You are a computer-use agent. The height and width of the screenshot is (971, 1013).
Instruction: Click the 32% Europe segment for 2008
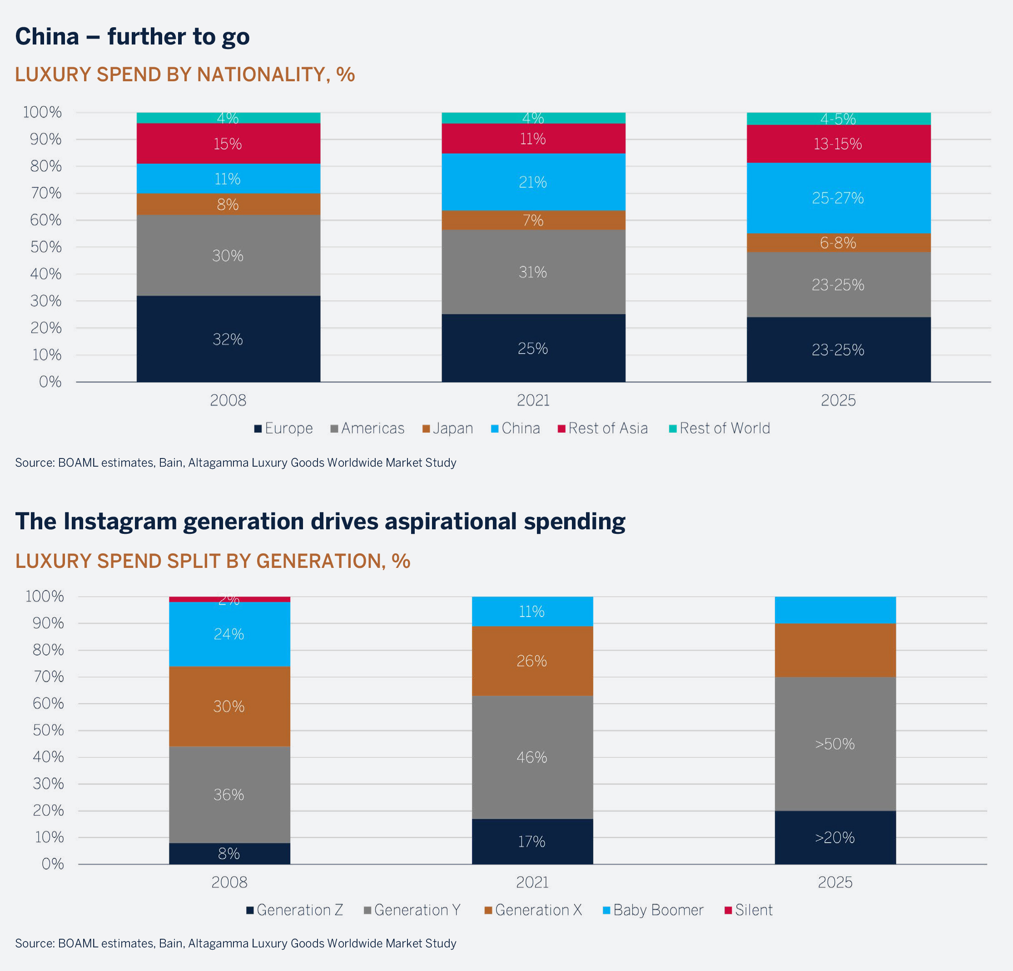[228, 339]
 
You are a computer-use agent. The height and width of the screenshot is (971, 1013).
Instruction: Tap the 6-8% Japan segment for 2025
[838, 243]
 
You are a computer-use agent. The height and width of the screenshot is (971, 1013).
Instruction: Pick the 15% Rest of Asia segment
[228, 143]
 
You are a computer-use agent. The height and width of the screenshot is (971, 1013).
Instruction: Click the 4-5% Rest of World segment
[838, 119]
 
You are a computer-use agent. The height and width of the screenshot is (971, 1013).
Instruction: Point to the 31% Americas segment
[533, 272]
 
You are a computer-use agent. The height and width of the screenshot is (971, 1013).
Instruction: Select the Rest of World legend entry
[720, 428]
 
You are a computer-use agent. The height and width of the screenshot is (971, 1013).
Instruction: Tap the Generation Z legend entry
[295, 910]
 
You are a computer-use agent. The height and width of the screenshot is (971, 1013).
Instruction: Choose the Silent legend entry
[749, 910]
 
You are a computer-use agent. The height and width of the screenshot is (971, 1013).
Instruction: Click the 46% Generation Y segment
[532, 757]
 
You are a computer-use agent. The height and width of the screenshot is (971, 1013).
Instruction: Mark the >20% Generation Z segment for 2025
[834, 837]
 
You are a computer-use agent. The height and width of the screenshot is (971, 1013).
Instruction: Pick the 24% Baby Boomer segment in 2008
[229, 634]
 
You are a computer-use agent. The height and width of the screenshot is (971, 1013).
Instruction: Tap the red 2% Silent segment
[229, 599]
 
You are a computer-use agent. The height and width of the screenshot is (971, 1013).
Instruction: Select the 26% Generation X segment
[532, 660]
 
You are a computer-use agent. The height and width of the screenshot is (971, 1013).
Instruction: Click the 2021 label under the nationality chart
[533, 400]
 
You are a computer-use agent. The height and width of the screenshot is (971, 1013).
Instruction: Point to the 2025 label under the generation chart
[834, 882]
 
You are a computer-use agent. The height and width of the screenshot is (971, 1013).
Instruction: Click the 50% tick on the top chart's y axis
[45, 247]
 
